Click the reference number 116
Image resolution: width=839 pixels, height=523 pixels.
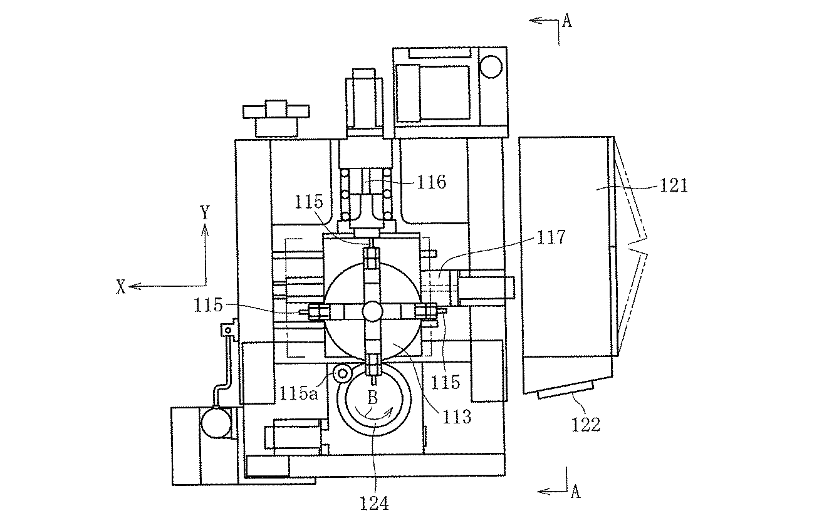pos(432,182)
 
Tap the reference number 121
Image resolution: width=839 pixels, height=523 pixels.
pos(674,185)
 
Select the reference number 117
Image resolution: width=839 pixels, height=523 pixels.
pos(551,237)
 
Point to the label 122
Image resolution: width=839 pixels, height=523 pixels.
pos(586,425)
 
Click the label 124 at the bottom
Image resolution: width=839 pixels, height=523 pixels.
pos(374,504)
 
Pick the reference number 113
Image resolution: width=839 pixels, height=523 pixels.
pos(457,417)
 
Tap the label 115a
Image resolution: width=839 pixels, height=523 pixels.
pos(298,393)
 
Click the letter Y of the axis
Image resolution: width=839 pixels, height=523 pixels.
pos(205,212)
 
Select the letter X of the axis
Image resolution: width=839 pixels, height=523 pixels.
pos(120,287)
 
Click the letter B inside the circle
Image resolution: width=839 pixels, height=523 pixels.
pos(372,398)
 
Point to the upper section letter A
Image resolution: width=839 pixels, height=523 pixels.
pos(568,21)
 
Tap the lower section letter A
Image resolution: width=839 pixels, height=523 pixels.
pos(576,492)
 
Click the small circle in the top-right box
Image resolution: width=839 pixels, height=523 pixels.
pos(491,66)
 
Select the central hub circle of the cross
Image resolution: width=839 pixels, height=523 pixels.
pos(372,311)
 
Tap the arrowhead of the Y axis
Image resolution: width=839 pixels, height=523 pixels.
pos(205,229)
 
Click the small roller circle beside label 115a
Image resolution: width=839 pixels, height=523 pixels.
pos(342,373)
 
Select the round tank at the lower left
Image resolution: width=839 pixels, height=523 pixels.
pos(216,422)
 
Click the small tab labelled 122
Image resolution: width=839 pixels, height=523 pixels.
pos(566,390)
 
